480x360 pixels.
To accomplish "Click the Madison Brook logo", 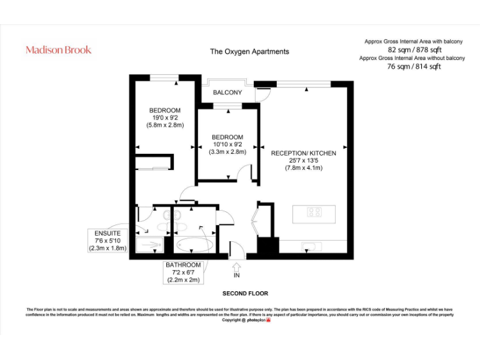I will pos(58,49).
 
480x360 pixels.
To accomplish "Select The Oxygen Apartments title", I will pos(249,52).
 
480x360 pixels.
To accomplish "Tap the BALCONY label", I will pos(227,92).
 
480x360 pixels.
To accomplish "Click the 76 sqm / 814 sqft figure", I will pos(414,66).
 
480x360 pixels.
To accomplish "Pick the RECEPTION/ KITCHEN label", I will pos(303,153).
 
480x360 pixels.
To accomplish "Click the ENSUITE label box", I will pos(107,240).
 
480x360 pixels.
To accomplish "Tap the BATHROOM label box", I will pos(183,272).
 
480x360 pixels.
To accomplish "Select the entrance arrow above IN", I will pos(236,266).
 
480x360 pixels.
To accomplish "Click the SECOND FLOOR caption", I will pos(245,293).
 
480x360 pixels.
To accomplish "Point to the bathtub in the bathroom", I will pos(194,245).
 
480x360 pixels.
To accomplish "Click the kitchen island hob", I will pos(314,212).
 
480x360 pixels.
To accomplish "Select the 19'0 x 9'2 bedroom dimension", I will pos(164,117).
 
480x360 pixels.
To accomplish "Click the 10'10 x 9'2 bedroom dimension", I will pos(227,144).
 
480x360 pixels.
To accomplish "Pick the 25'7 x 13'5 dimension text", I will pos(303,161).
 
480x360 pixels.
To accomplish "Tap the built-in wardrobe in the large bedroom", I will pos(152,162).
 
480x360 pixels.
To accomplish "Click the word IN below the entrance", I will pos(236,276).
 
